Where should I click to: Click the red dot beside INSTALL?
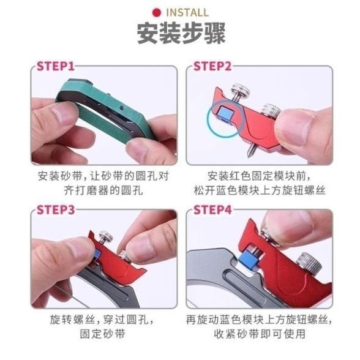[157, 12]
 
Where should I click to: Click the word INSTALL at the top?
[187, 12]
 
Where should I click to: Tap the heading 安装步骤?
[179, 34]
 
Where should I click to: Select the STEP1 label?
[55, 66]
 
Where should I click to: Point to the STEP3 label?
[55, 210]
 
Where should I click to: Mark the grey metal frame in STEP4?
[214, 276]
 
